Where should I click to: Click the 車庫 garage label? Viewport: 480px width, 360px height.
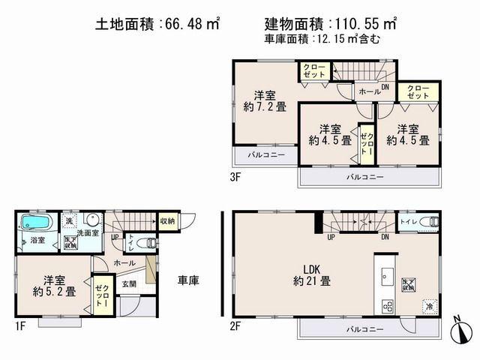point(187,280)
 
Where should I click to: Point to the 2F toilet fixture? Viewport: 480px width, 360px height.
point(428,221)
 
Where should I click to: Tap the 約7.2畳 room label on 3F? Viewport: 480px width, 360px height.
point(263,100)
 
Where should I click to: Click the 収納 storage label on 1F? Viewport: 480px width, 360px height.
point(166,220)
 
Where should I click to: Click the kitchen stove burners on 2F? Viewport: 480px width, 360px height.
point(388,306)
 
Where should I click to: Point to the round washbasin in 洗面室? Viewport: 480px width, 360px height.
point(91,221)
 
